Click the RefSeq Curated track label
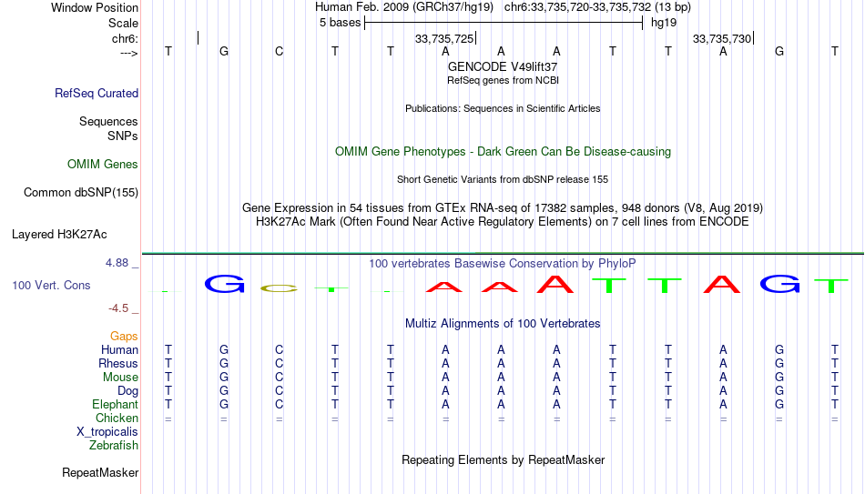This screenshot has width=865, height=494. pos(97,93)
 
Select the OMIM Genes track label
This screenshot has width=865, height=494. pos(103,165)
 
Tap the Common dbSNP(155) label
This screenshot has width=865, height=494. pos(81,193)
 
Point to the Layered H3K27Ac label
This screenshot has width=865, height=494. pos(59,235)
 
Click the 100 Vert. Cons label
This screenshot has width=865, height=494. pos(51,285)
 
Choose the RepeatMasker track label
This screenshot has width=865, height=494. pos(100,472)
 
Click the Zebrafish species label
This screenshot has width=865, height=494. pos(114,446)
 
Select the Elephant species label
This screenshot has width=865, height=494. pos(116,405)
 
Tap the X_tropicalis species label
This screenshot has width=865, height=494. pos(107,432)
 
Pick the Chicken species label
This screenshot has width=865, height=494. pos(117,418)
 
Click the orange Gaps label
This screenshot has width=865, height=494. pos(124,337)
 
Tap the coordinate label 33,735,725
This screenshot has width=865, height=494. pos(444,38)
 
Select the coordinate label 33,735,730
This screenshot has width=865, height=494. pos(722,38)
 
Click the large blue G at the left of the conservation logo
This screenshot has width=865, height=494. pos(224,283)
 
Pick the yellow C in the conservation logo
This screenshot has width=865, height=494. pos(280,287)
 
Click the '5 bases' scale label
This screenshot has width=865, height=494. pos(340,23)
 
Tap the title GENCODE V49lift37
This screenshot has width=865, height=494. pos(503,66)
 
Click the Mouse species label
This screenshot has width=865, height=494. pos(120,378)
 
